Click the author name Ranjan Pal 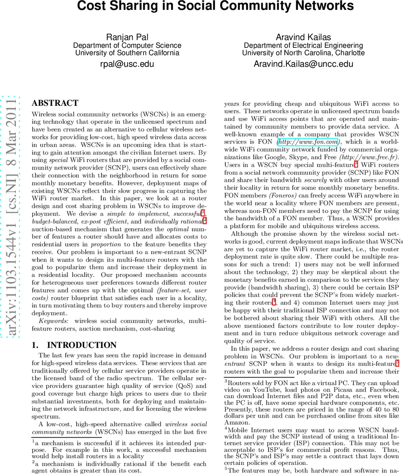127,37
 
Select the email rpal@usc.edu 127,64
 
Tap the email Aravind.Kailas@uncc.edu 303,64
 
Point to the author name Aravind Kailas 303,37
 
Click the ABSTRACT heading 55,103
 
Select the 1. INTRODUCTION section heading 74,345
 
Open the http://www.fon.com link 308,142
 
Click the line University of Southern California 127,53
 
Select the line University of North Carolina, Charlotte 303,53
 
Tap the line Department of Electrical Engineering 303,45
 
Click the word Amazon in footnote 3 236,423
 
